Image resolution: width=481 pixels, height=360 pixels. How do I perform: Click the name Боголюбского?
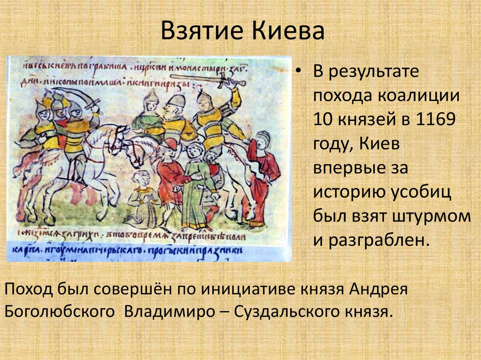[x=60, y=312]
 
